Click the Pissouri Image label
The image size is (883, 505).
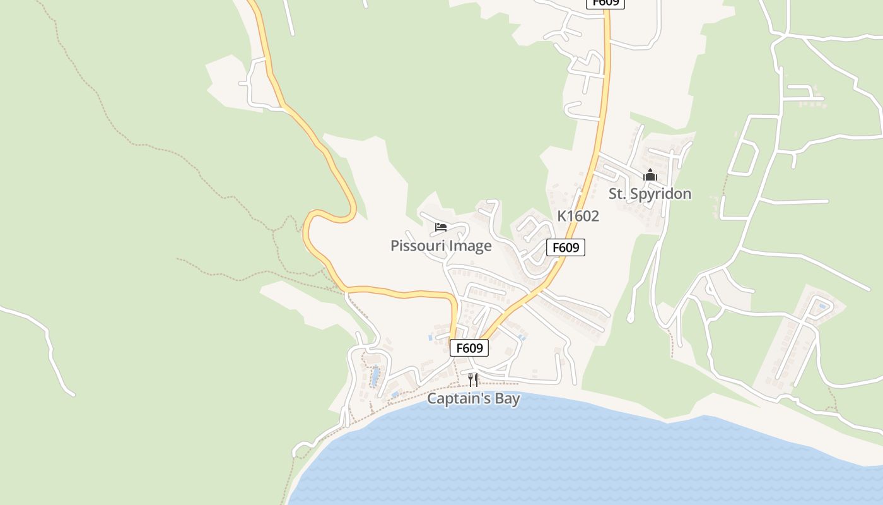441,246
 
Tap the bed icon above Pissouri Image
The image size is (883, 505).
441,227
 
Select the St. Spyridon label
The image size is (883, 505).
650,194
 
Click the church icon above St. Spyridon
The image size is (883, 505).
650,175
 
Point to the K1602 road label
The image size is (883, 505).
578,216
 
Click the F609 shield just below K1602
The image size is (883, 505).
566,247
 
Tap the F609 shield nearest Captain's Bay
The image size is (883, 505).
469,348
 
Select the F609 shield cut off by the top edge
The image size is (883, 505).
605,3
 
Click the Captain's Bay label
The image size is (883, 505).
474,399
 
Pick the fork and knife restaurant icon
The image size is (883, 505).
473,379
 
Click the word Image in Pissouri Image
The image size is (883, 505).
469,246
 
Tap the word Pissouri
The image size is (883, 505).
417,246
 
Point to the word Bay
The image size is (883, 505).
507,399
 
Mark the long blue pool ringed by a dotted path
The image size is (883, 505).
375,377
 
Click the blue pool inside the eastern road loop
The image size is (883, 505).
822,307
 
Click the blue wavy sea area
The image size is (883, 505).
568,454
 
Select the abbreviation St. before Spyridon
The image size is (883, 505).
617,194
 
